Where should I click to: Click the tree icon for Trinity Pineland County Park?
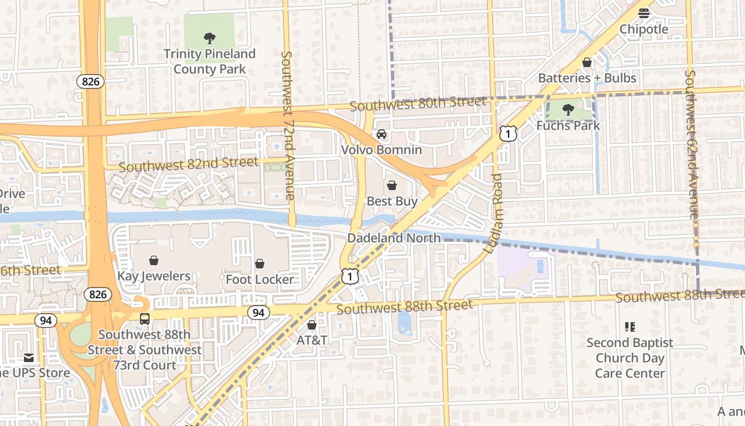210,38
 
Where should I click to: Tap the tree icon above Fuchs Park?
568,110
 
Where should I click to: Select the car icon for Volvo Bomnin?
381,134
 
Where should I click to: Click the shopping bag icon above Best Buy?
392,185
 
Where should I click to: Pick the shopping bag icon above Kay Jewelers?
154,260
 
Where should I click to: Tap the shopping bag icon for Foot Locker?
260,264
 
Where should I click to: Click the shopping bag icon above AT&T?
312,324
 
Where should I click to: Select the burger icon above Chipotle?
644,13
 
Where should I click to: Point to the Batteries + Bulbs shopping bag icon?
587,62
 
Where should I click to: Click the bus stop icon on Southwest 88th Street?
144,319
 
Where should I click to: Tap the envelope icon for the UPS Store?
28,357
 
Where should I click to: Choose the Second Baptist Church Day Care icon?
630,326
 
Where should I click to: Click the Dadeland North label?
394,238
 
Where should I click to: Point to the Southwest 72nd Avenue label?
288,126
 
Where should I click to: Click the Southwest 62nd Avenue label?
691,145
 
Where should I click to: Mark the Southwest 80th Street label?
418,103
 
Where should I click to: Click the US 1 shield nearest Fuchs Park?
508,134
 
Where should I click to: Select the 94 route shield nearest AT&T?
258,313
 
